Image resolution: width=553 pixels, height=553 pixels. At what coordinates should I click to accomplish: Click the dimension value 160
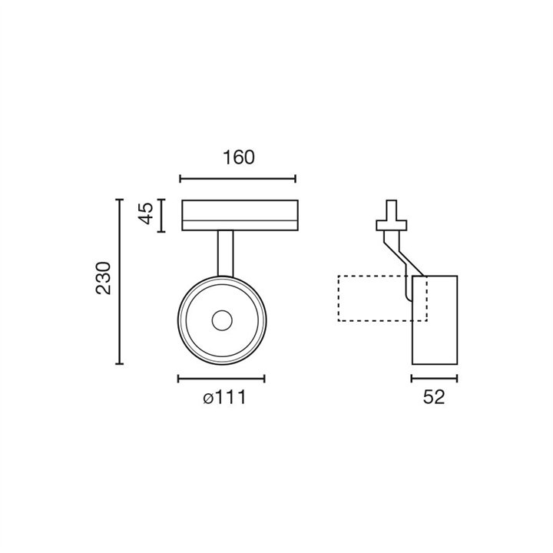tap(238, 157)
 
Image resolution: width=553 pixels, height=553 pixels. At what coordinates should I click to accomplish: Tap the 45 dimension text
tap(145, 214)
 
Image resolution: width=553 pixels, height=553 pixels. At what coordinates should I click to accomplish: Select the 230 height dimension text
tap(104, 278)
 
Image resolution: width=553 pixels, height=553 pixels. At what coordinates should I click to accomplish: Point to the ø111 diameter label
tap(224, 398)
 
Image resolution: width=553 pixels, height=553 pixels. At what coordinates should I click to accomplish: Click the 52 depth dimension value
tap(434, 398)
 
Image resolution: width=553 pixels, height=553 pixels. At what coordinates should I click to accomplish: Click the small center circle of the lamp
tap(222, 320)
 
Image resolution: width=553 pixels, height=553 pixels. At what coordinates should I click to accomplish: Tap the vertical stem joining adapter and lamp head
tap(225, 253)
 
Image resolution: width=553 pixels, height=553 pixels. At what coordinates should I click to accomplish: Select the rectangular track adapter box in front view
tap(240, 216)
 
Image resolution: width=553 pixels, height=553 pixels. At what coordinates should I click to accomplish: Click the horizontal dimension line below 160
tap(237, 179)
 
